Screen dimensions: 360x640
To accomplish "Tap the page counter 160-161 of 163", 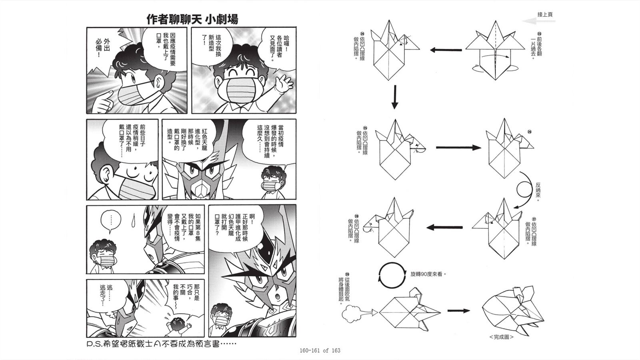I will (x=320, y=350).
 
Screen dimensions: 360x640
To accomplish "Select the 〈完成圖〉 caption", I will (x=501, y=337).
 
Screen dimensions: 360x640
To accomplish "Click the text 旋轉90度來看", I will (x=428, y=275).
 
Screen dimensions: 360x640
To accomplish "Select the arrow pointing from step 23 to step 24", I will (x=446, y=50).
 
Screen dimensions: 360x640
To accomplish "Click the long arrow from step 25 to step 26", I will (x=458, y=148).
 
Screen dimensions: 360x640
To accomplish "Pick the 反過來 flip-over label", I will (x=538, y=192).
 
